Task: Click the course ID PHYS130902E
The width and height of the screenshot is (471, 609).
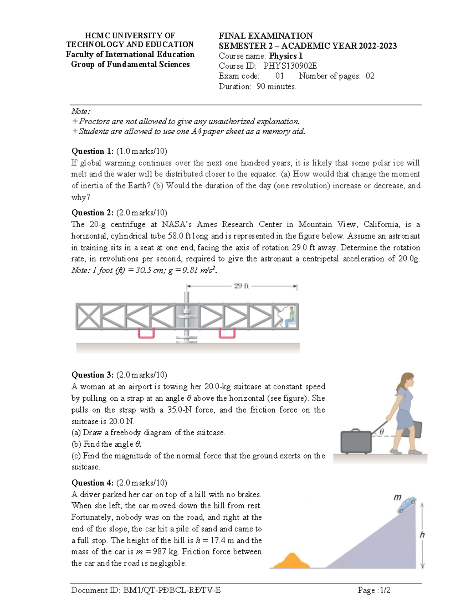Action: [290, 66]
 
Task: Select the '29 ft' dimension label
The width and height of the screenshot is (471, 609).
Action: [241, 286]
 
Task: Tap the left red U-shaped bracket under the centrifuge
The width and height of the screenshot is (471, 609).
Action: [146, 333]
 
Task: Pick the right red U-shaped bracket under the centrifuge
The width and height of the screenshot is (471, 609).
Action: [227, 333]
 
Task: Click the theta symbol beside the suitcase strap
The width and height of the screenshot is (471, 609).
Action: [381, 431]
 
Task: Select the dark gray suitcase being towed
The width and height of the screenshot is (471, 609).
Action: [356, 441]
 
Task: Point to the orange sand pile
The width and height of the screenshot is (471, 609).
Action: [291, 561]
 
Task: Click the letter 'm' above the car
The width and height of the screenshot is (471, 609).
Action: [397, 497]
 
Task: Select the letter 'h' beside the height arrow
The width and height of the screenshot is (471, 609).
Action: [422, 535]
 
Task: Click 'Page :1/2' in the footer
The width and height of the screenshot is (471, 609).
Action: [374, 590]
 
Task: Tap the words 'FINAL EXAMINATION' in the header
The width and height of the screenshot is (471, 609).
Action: [266, 36]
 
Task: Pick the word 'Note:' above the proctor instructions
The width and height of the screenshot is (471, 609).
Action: [81, 112]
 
